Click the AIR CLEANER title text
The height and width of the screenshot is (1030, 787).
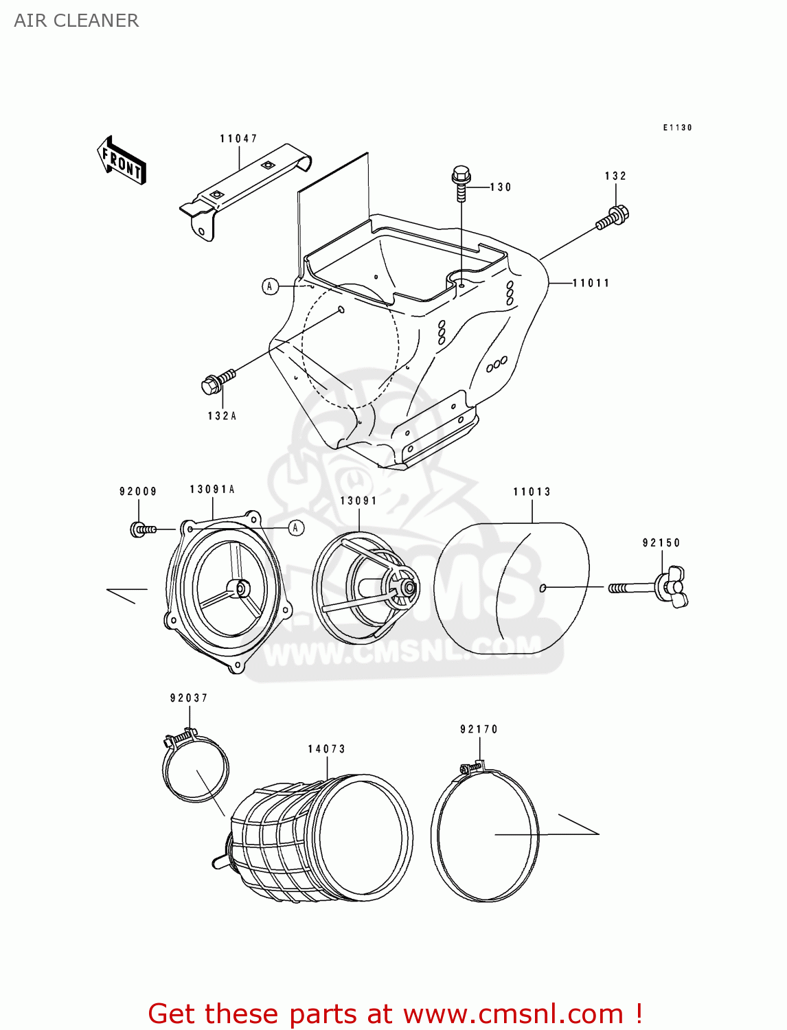(76, 21)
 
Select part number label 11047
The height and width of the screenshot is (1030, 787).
(238, 139)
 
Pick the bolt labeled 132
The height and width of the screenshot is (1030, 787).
(613, 217)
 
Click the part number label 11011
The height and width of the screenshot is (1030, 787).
(591, 283)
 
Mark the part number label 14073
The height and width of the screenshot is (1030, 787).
(326, 749)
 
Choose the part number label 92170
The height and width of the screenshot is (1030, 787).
(479, 729)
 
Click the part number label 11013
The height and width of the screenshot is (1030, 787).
(532, 492)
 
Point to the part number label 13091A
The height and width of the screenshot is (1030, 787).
(212, 490)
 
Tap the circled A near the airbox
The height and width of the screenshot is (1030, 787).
(271, 286)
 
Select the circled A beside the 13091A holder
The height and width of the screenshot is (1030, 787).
(296, 527)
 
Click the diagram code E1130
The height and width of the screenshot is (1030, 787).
(677, 128)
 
